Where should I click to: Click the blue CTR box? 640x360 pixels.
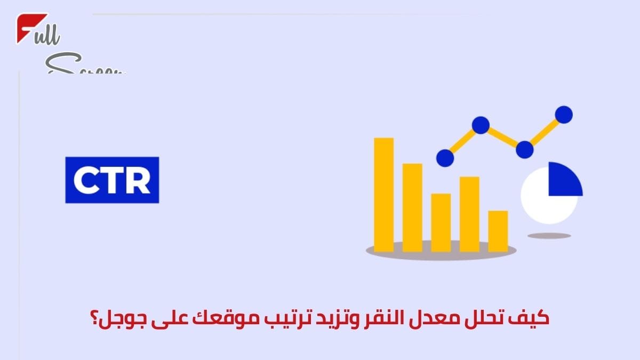(112, 180)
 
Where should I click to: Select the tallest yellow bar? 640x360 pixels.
(383, 194)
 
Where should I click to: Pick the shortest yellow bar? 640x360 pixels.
(498, 231)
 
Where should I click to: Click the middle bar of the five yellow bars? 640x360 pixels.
(441, 222)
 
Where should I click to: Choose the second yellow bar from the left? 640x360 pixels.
(412, 207)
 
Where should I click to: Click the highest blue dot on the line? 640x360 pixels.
(563, 114)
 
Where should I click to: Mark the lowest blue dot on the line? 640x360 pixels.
(445, 158)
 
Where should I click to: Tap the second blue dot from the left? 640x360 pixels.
(480, 125)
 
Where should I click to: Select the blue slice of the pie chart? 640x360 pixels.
(564, 179)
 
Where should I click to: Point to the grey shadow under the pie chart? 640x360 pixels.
(549, 235)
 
